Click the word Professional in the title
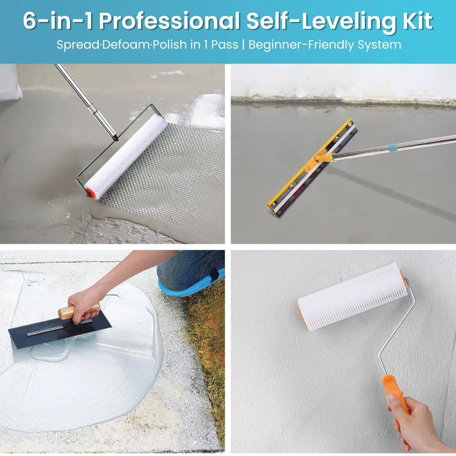[169, 21]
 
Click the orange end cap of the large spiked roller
[90, 193]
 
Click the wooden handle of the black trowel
[79, 311]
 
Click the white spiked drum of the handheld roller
[353, 297]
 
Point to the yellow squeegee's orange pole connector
[323, 158]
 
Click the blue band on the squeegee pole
[393, 147]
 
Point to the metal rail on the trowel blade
[60, 328]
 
